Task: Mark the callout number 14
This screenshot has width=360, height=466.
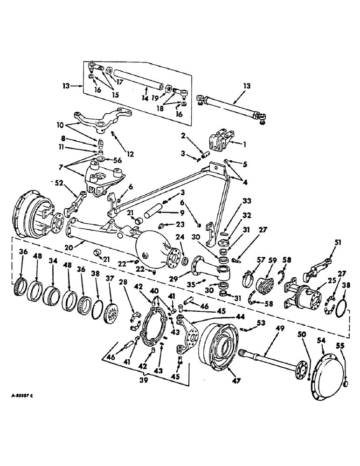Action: (x=146, y=99)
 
